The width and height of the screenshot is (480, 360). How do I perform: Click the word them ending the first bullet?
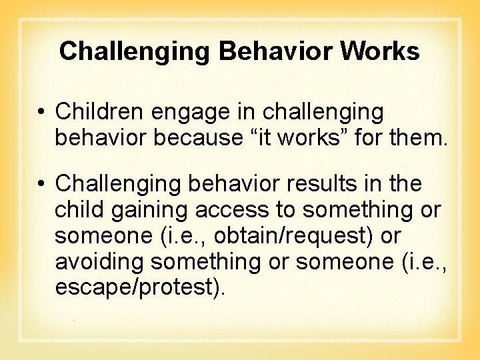416,139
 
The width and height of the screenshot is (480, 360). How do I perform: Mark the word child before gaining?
79,209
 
